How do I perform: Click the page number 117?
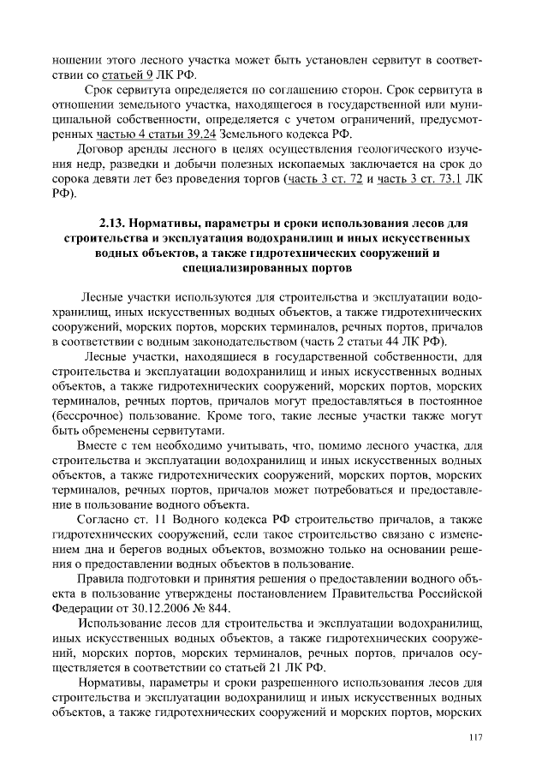click(477, 738)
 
